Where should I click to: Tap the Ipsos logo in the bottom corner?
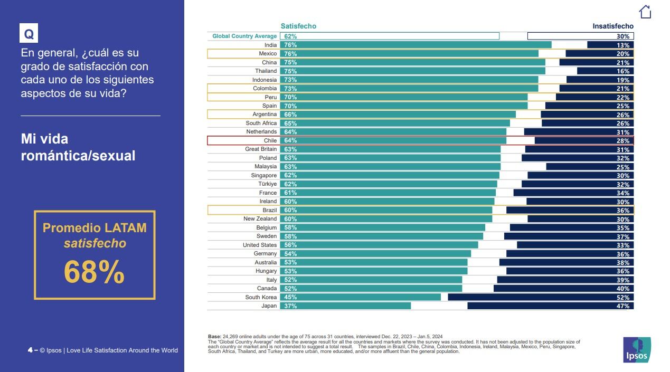click(x=637, y=349)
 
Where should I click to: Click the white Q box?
click(x=29, y=33)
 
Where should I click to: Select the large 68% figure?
click(x=94, y=272)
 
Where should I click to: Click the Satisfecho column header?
click(x=298, y=26)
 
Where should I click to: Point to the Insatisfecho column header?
click(x=613, y=26)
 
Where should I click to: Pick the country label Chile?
click(x=270, y=140)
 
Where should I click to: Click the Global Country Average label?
click(x=244, y=36)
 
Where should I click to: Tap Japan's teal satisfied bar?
click(x=345, y=306)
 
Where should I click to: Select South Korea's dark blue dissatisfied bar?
click(x=541, y=297)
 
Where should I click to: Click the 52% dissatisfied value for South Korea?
click(x=623, y=297)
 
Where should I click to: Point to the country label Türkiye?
click(x=267, y=184)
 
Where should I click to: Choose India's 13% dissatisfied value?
click(x=623, y=45)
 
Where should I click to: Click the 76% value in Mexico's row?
click(x=290, y=54)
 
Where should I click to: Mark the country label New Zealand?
click(x=260, y=218)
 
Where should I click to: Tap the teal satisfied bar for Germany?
click(x=375, y=254)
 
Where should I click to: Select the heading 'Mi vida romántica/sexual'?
click(x=78, y=147)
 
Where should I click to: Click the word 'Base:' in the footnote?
click(x=214, y=337)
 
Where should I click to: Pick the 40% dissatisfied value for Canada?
click(x=623, y=289)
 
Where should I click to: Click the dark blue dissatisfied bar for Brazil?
click(x=570, y=210)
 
